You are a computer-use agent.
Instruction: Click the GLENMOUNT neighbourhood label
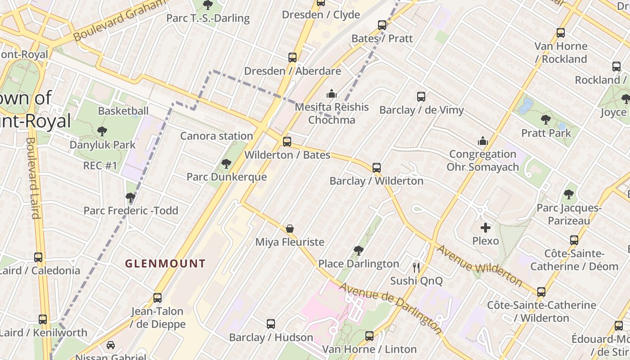coord(165,264)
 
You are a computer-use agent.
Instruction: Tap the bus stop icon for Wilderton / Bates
coord(287,142)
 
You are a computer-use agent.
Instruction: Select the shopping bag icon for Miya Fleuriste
coord(290,229)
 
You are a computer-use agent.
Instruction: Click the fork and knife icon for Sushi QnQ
coord(416,268)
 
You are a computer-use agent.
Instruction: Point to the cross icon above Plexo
coord(486,228)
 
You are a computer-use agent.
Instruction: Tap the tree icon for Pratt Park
coord(546,120)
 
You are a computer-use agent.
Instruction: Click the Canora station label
coord(216,136)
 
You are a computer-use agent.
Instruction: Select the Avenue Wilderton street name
coord(479,265)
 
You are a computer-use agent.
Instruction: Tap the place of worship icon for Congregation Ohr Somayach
coord(483,141)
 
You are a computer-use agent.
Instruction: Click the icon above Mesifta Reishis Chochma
coord(332,94)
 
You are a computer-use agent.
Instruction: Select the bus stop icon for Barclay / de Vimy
coord(421,97)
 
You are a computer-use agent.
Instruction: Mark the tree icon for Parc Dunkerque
coord(226,164)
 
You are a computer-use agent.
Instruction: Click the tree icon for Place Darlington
coord(358,250)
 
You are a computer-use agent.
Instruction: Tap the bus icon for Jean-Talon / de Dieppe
coord(157,298)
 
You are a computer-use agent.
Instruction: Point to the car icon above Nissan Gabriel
coord(111,345)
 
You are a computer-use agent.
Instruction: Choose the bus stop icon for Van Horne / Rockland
coord(561,33)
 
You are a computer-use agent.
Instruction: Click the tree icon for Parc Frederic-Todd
coord(130,198)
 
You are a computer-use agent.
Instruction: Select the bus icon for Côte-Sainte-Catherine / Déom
coord(574,240)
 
